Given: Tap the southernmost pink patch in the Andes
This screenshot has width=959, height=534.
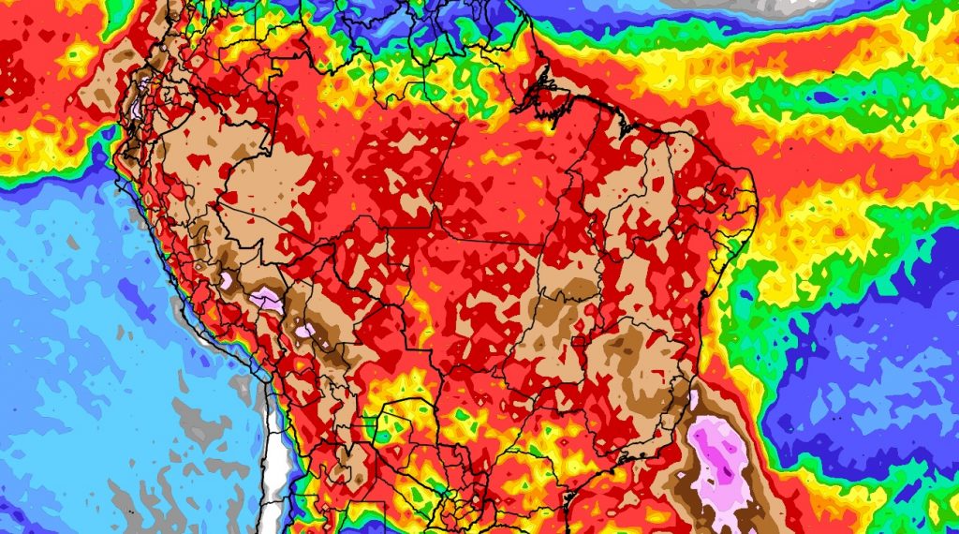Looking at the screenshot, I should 306,330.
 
